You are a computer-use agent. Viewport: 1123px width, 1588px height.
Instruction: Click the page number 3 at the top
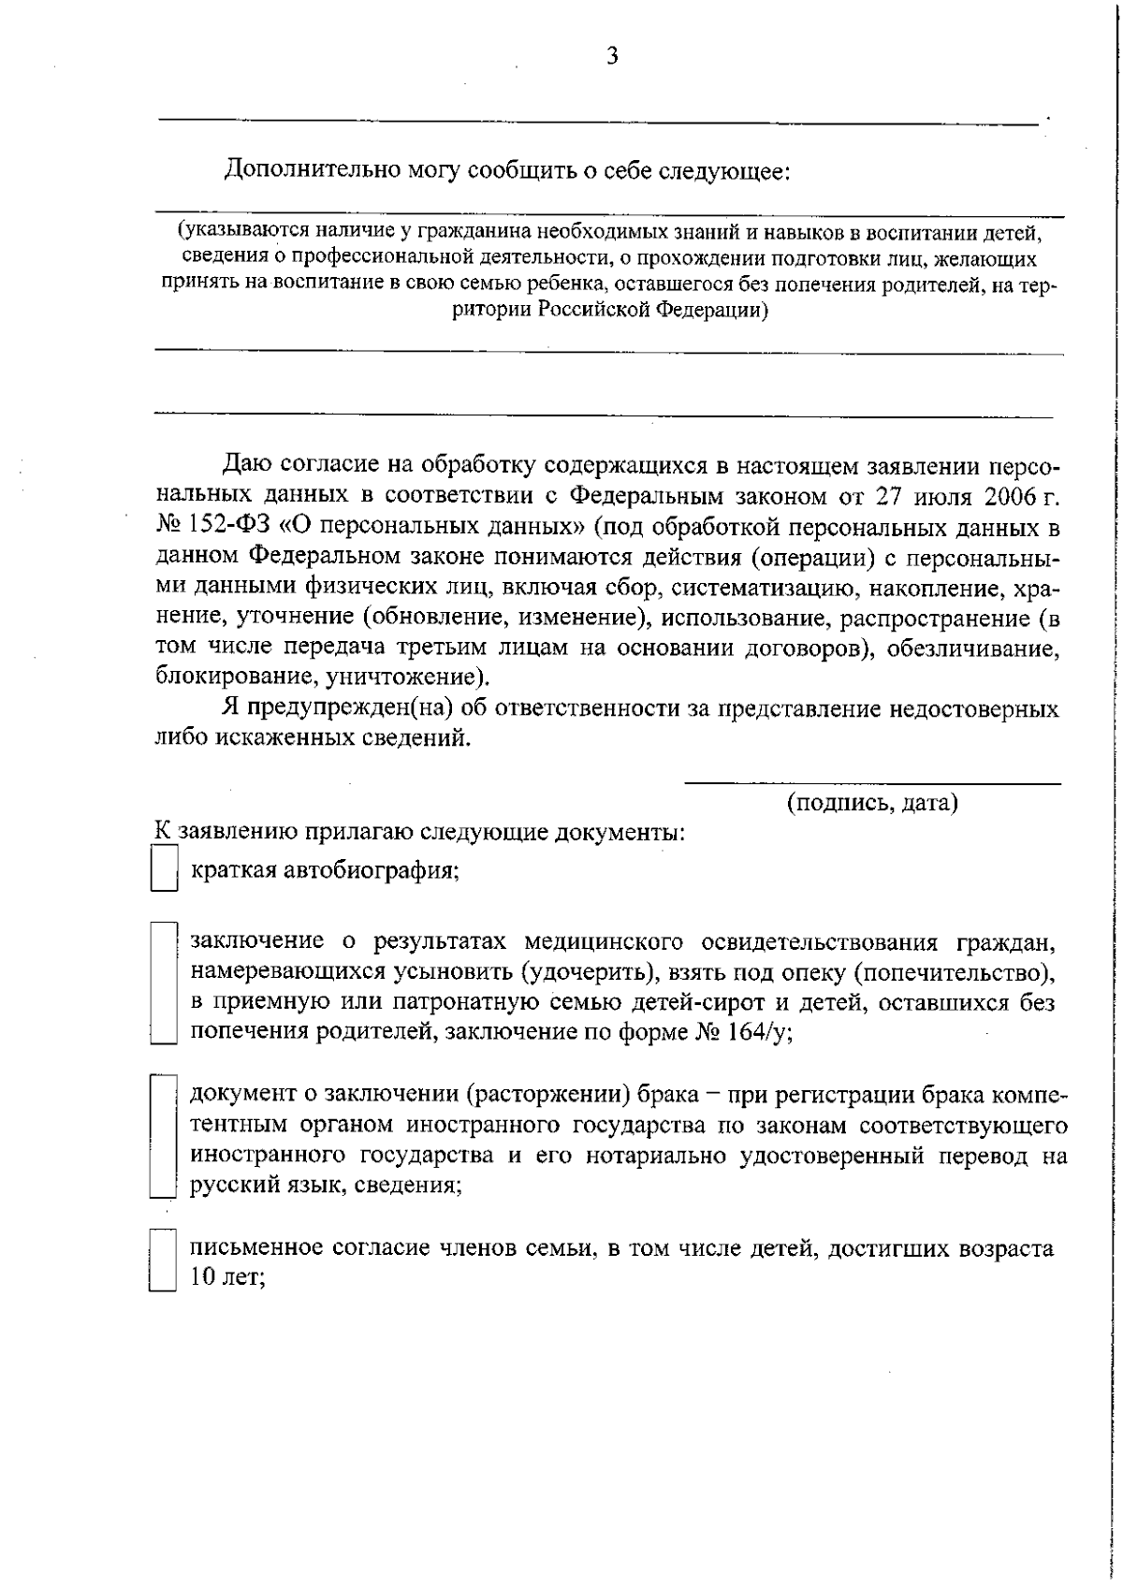pyautogui.click(x=612, y=56)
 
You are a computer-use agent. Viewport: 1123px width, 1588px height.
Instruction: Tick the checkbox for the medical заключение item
pyautogui.click(x=164, y=983)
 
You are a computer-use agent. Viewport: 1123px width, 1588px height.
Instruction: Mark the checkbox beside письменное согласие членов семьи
pyautogui.click(x=164, y=1260)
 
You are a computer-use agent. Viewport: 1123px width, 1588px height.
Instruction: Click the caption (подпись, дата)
pyautogui.click(x=872, y=803)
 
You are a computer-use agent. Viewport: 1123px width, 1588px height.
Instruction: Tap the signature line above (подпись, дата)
pyautogui.click(x=872, y=782)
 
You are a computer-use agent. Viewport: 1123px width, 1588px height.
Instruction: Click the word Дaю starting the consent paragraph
pyautogui.click(x=247, y=464)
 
